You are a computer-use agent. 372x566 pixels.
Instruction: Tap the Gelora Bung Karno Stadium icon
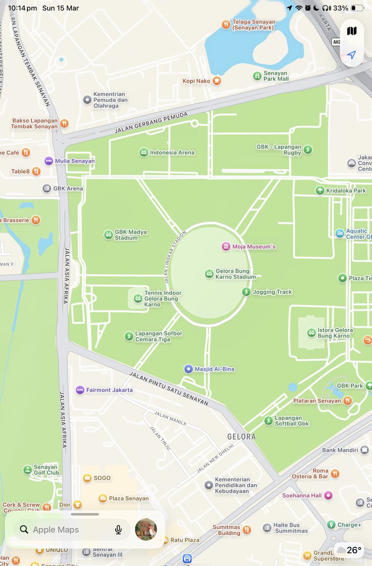[209, 274]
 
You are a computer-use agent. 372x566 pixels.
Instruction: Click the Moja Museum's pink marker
[226, 246]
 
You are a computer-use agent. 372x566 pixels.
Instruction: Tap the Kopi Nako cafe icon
[217, 81]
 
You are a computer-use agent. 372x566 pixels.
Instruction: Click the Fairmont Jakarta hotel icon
[80, 390]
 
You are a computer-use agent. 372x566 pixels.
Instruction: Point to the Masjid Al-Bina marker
[188, 369]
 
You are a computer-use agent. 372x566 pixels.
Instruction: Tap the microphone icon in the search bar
[118, 530]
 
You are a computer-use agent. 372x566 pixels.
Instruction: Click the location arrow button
[351, 55]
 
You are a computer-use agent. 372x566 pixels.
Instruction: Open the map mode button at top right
[351, 31]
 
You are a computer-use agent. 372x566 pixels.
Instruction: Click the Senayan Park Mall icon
[257, 76]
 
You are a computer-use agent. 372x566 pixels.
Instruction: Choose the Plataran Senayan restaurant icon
[347, 400]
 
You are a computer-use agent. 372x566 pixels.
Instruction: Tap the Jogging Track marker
[246, 292]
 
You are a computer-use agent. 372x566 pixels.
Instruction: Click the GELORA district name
[241, 437]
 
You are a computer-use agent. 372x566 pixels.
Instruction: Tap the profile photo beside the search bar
[146, 530]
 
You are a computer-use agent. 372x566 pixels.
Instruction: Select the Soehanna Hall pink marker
[328, 495]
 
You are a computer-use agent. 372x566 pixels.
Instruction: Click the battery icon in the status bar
[357, 8]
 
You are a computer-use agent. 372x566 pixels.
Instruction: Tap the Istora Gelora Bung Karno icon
[311, 333]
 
